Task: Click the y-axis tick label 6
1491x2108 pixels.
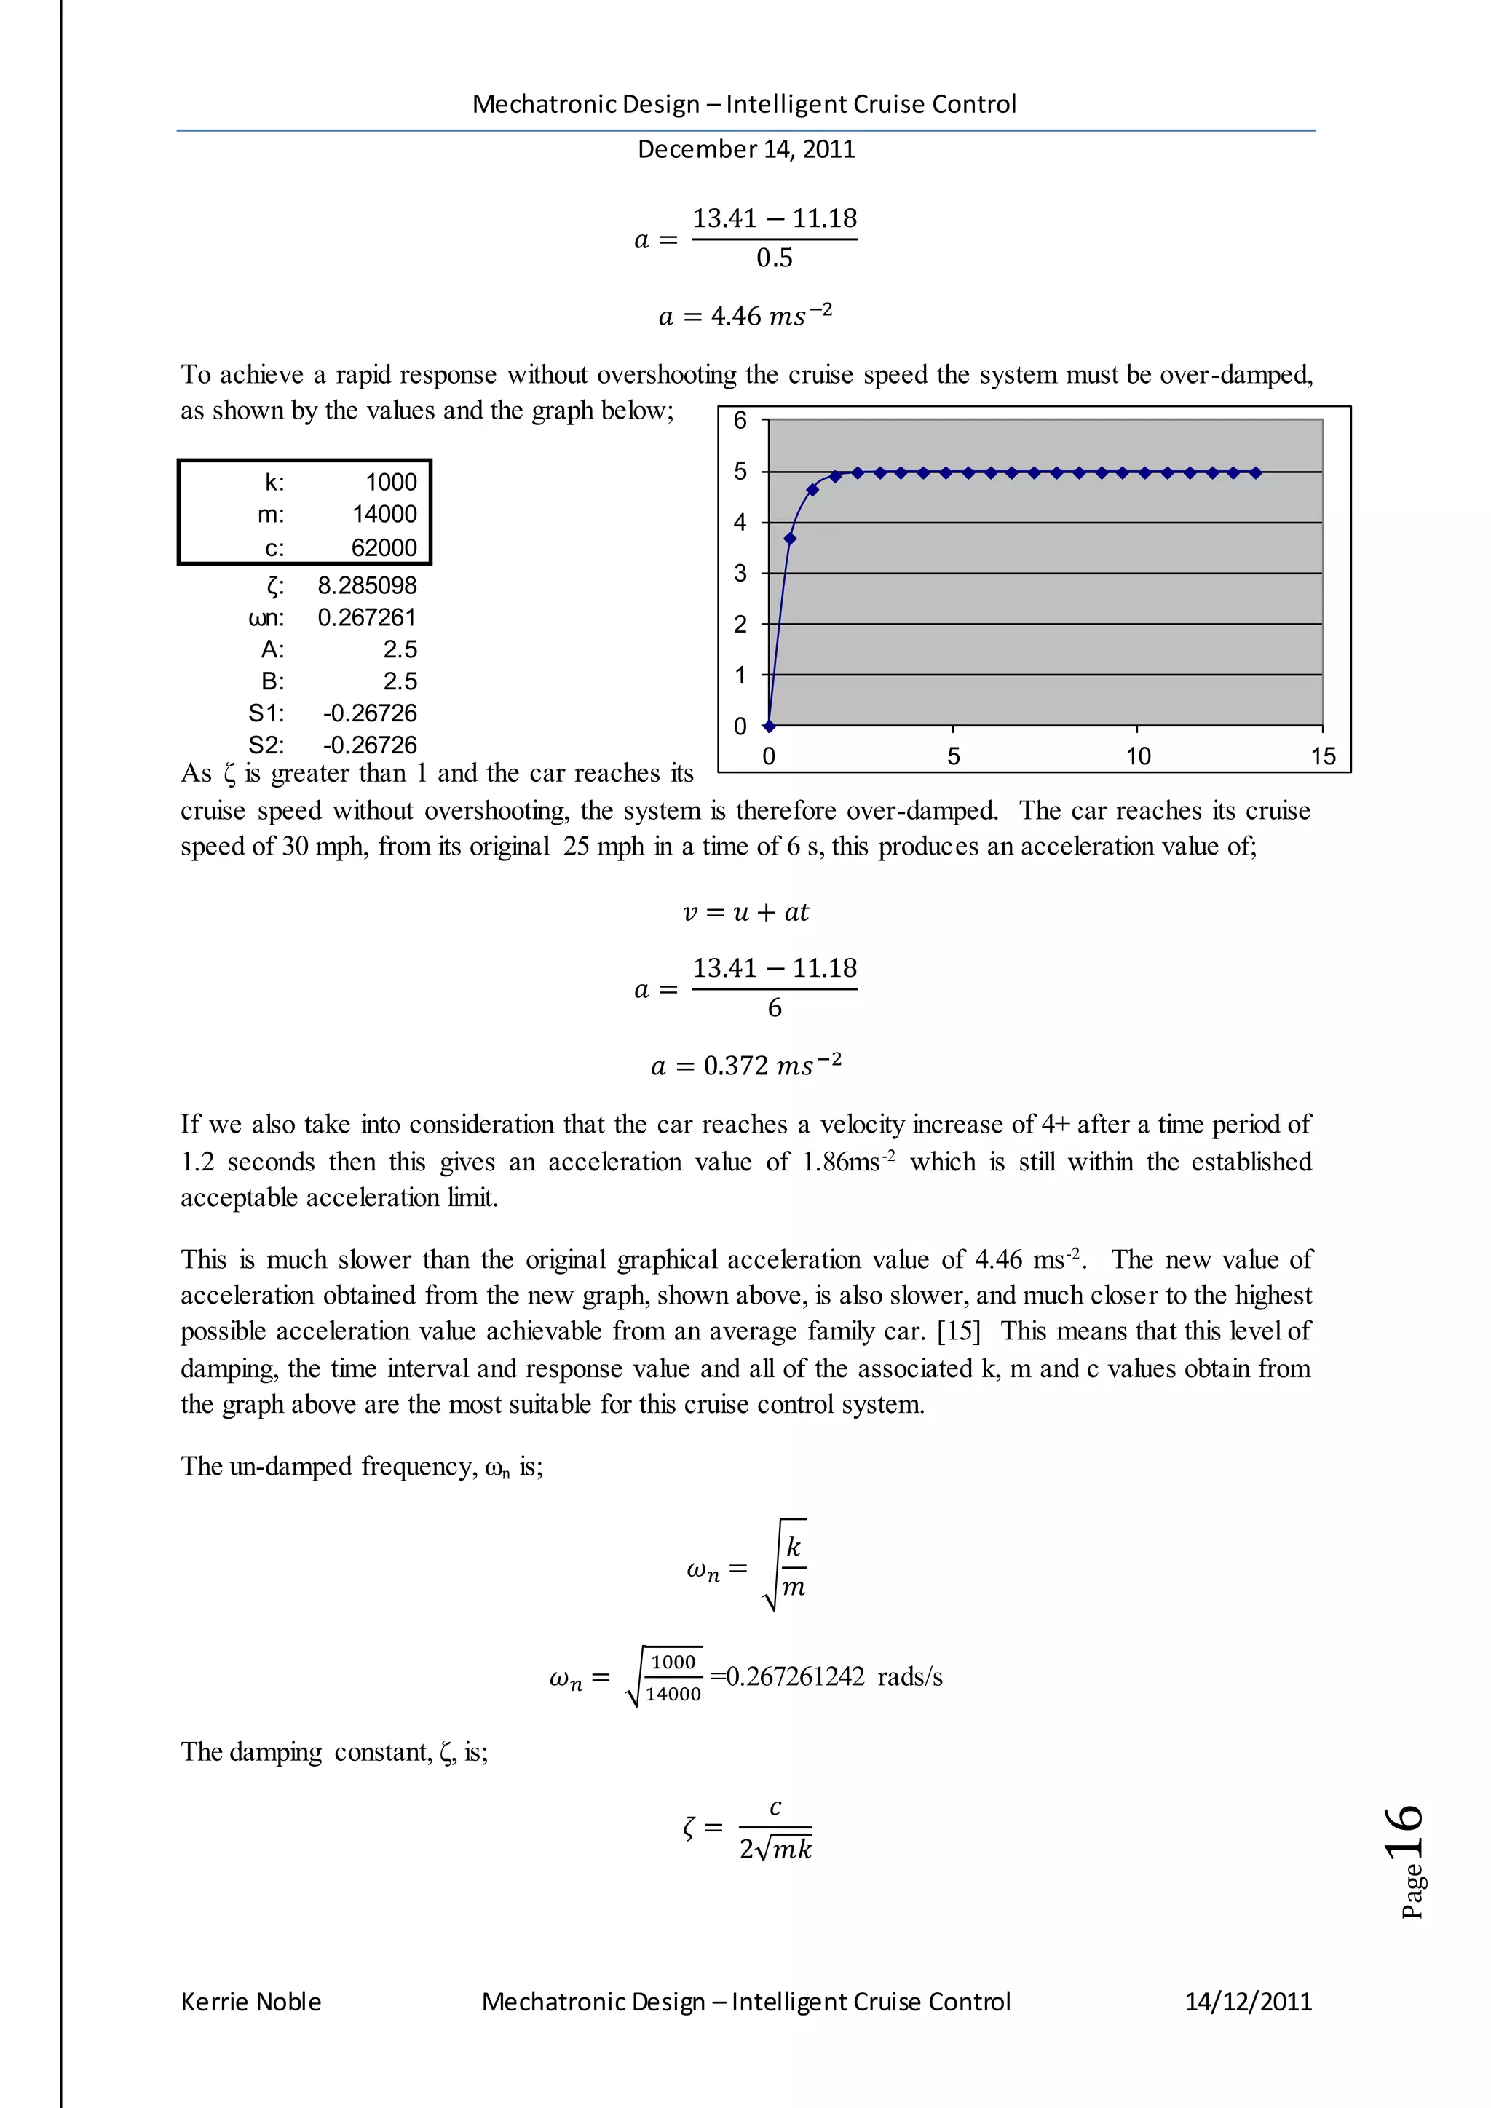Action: [740, 421]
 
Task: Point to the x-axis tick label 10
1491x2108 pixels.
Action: [1137, 756]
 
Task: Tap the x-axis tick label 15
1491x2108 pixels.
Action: [1322, 756]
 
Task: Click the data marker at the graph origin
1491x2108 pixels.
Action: [770, 726]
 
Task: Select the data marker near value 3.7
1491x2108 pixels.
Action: [790, 539]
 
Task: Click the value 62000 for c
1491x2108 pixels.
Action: [384, 548]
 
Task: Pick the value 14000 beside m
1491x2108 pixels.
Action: [384, 514]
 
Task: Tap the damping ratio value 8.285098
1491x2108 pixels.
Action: [366, 586]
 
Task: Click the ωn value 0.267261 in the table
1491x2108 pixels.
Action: [366, 618]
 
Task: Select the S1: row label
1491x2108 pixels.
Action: [266, 713]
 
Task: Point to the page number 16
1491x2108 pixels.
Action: [1406, 1831]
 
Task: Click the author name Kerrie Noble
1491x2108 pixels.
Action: [250, 2002]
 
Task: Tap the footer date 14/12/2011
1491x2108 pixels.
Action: [1248, 2002]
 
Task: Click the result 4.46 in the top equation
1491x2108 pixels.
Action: [735, 317]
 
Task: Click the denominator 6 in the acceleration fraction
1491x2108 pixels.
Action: [774, 1009]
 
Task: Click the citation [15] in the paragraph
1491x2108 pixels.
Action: [959, 1331]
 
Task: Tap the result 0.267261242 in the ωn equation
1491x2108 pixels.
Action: [795, 1677]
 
